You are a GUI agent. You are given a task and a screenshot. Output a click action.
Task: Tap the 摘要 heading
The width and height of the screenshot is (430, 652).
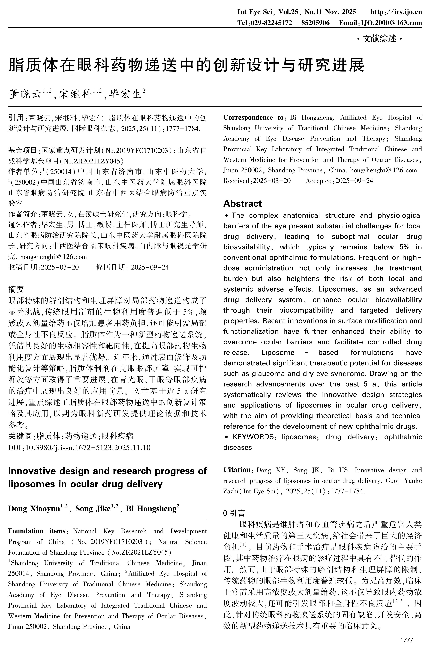[16, 289]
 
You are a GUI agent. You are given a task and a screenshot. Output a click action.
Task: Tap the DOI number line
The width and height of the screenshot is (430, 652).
[80, 447]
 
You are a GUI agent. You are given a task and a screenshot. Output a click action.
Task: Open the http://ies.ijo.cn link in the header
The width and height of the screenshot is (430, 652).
[396, 12]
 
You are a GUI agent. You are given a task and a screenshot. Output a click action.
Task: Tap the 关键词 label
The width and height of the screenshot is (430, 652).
[20, 436]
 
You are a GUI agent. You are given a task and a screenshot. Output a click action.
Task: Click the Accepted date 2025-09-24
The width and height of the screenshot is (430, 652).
[354, 181]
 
